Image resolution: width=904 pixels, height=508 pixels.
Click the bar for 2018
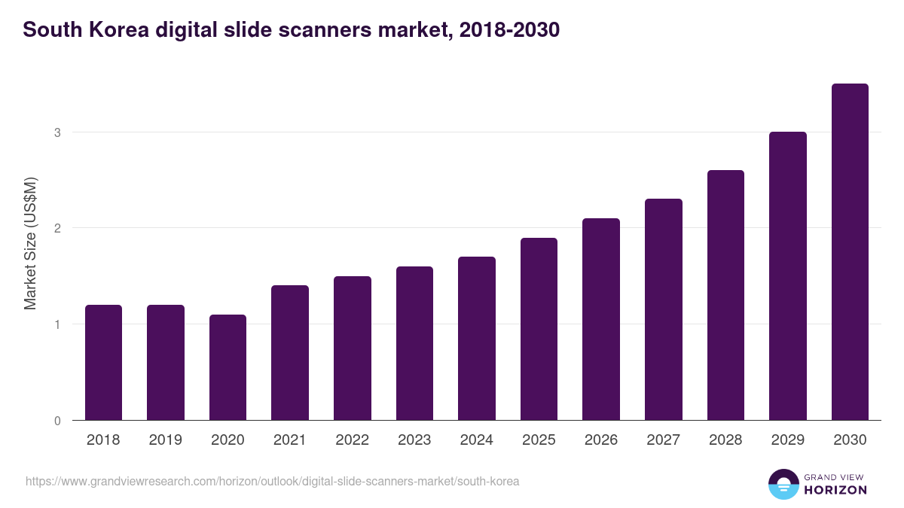pos(103,363)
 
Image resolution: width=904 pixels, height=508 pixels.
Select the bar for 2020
pos(228,367)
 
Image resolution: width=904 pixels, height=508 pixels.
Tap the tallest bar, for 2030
pos(850,252)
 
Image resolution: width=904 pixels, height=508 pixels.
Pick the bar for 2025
pos(539,329)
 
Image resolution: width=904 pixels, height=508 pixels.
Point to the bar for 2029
pos(787,276)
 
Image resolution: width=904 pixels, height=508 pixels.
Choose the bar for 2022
pos(352,348)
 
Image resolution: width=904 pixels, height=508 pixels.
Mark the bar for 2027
pos(663,309)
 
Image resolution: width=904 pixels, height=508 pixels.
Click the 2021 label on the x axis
pos(289,440)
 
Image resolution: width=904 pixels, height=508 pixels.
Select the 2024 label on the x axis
pos(476,440)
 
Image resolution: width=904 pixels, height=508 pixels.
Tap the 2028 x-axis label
pos(725,440)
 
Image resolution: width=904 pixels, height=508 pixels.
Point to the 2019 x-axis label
pos(165,440)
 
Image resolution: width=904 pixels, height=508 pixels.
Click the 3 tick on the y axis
pos(56,132)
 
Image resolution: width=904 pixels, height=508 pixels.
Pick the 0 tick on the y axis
pos(56,421)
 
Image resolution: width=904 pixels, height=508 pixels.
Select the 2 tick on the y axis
pos(56,228)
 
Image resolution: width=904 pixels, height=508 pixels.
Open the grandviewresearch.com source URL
pos(272,481)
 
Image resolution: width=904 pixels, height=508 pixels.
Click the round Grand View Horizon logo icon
pos(783,484)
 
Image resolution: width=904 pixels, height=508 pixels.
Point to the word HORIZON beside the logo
pos(835,490)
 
